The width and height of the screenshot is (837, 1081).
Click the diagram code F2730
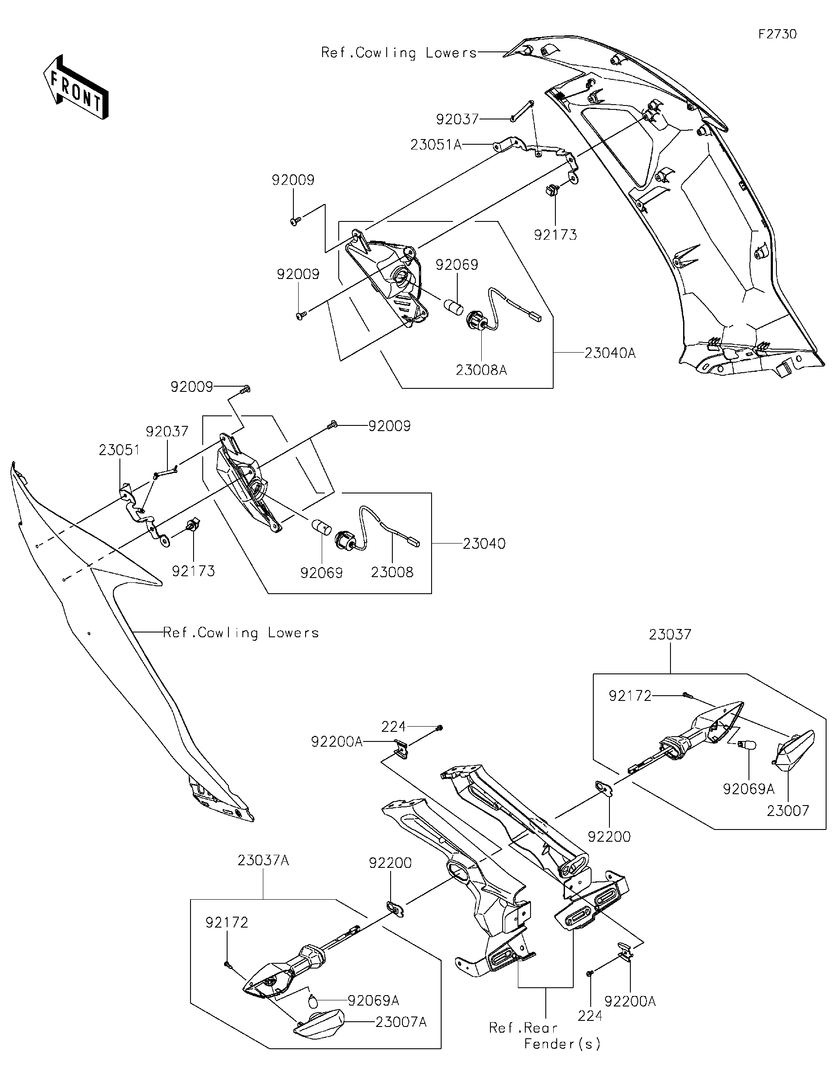[x=778, y=34]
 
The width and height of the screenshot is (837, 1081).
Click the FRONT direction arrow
[x=75, y=87]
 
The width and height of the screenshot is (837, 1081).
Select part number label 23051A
[x=436, y=145]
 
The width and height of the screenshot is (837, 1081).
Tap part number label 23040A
[x=609, y=353]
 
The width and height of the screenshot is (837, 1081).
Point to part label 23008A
[x=481, y=370]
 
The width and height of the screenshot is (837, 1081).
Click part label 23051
[x=119, y=450]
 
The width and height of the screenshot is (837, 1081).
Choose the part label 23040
[x=483, y=544]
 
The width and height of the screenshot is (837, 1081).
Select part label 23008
[x=391, y=572]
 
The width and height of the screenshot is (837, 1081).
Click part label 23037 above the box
[x=670, y=634]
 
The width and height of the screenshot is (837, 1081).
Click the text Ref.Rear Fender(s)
[x=544, y=1036]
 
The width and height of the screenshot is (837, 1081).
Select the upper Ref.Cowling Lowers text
[x=398, y=52]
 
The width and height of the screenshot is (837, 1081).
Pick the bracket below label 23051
[x=141, y=515]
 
